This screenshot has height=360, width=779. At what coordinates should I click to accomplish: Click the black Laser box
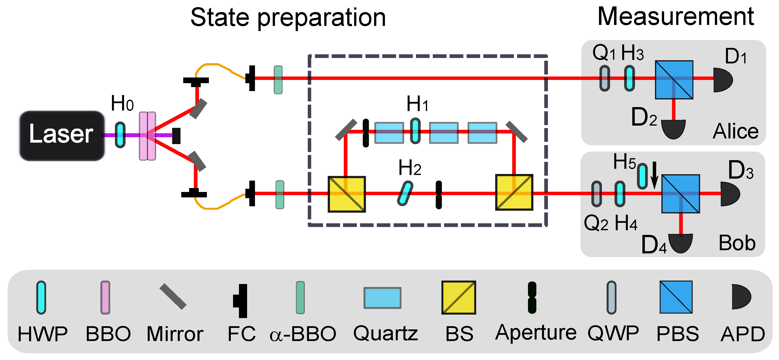[62, 135]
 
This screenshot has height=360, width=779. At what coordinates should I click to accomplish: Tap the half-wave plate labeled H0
[120, 135]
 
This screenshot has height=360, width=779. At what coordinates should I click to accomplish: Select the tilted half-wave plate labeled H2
[405, 193]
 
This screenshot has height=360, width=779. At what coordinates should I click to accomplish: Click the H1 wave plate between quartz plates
[415, 131]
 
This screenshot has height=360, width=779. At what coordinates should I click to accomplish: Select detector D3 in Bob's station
[730, 194]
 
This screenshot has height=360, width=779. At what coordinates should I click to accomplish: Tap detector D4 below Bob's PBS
[680, 243]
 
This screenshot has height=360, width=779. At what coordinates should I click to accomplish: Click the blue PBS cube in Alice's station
[674, 80]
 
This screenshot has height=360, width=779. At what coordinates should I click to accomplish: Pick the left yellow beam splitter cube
[347, 194]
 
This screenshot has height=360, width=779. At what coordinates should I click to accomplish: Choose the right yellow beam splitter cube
[514, 192]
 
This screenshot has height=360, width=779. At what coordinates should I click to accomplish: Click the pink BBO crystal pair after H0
[147, 136]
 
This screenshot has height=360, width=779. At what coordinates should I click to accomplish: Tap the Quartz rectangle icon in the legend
[382, 298]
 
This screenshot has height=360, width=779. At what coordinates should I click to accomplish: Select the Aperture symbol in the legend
[532, 298]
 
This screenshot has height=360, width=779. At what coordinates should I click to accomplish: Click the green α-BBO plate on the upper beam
[278, 80]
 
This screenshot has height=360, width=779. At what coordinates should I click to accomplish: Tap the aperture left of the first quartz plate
[366, 133]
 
